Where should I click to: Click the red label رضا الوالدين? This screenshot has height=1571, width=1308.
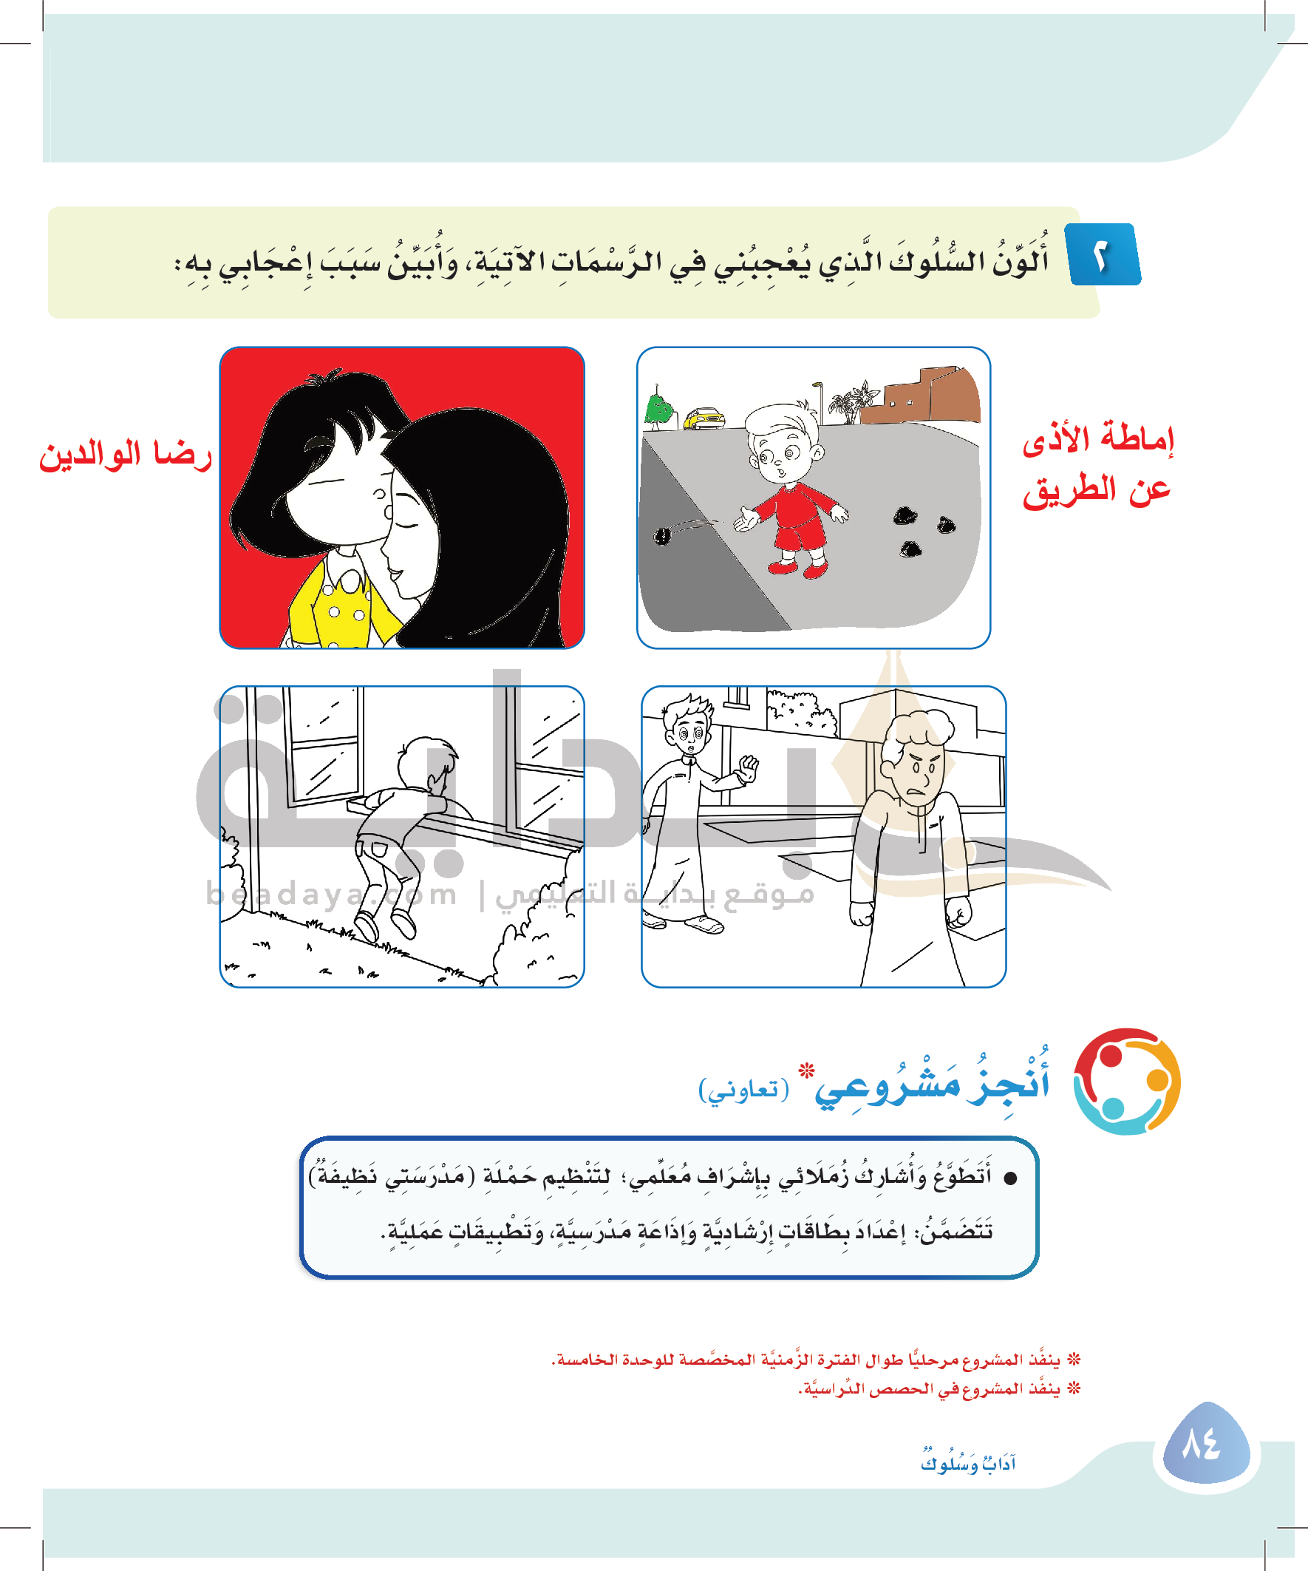[x=126, y=454]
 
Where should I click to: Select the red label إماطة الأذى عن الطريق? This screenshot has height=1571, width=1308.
[x=1097, y=464]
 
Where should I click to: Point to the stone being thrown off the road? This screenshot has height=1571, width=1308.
[x=663, y=535]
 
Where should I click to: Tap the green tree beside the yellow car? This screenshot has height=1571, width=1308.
[x=658, y=410]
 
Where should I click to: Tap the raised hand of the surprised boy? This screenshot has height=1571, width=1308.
[x=748, y=767]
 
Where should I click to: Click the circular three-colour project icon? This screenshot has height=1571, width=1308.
[x=1126, y=1081]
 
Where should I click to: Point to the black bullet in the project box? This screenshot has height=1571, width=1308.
[x=1010, y=1179]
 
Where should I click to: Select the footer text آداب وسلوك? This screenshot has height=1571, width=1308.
[x=968, y=1462]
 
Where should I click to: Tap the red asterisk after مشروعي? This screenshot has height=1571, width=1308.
[x=806, y=1070]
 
